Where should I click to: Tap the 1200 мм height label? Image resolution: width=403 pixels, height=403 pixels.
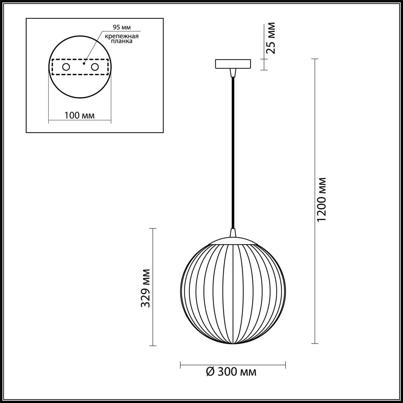pyautogui.click(x=321, y=199)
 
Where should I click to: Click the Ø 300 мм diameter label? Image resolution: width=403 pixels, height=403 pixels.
pyautogui.click(x=231, y=372)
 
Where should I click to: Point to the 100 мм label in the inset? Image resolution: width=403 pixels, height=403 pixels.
pyautogui.click(x=80, y=116)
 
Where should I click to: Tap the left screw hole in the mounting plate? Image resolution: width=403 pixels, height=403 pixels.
pyautogui.click(x=66, y=67)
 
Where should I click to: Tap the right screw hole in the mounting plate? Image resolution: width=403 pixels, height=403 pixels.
pyautogui.click(x=95, y=67)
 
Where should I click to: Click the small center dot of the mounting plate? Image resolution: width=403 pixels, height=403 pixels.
pyautogui.click(x=85, y=62)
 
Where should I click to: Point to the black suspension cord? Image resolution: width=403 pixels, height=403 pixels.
pyautogui.click(x=233, y=151)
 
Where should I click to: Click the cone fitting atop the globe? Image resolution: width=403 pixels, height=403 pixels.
pyautogui.click(x=233, y=233)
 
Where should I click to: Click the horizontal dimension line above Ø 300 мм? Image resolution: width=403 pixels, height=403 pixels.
pyautogui.click(x=233, y=364)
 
